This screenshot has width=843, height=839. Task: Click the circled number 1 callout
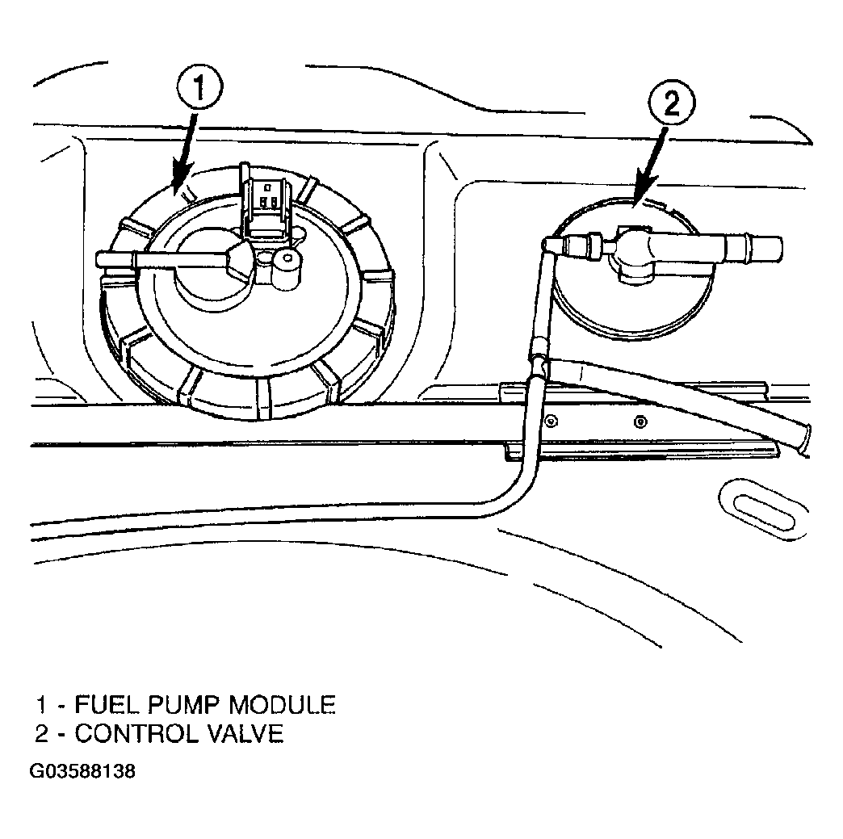tap(199, 89)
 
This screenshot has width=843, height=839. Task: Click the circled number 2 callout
tap(672, 104)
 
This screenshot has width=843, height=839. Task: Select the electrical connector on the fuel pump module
tap(265, 203)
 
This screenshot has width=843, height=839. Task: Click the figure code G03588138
tap(82, 772)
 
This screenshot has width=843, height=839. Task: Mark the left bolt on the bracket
tap(549, 420)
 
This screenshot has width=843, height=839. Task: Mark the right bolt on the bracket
tap(640, 421)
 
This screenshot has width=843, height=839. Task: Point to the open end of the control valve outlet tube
tap(776, 248)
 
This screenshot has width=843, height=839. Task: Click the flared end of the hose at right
tap(804, 440)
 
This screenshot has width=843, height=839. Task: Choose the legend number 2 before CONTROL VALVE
tap(41, 733)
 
